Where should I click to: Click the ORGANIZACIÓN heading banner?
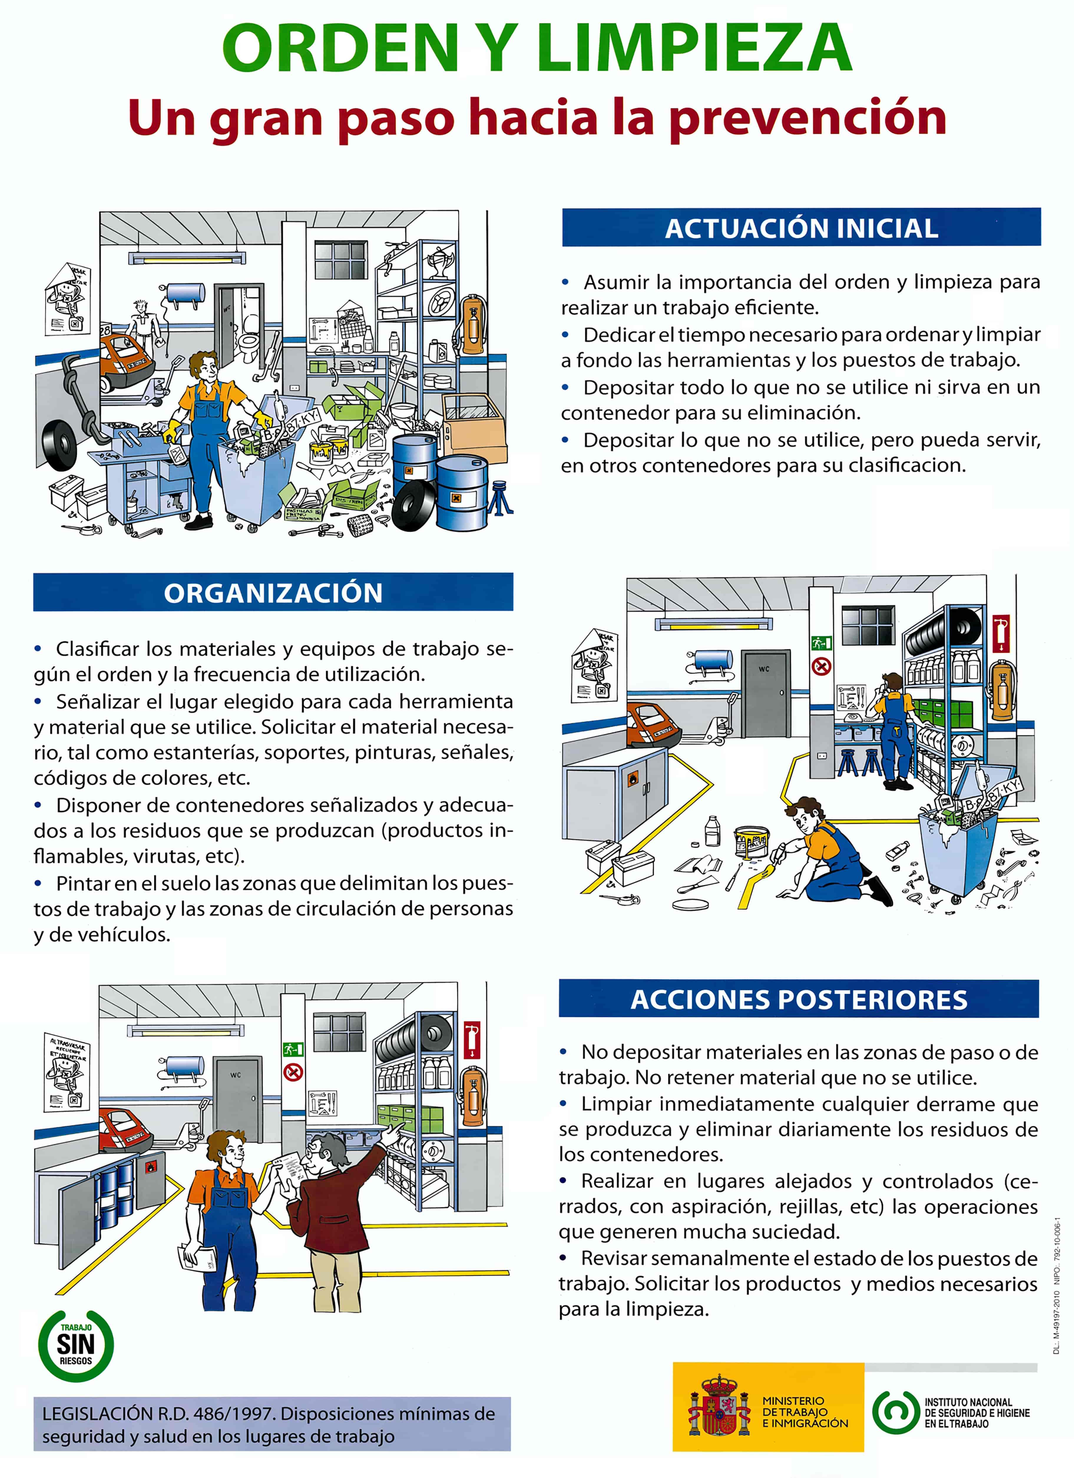click(x=273, y=592)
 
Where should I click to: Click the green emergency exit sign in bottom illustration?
click(x=293, y=1049)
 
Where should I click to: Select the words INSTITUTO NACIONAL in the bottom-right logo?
click(x=968, y=1402)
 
